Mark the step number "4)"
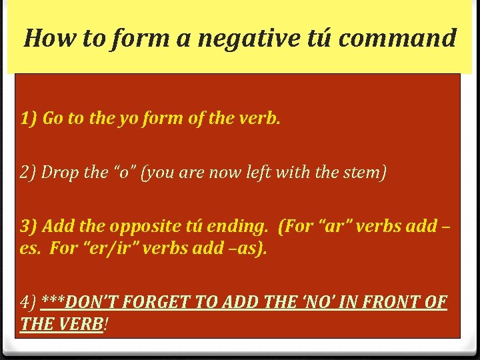(x=29, y=303)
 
